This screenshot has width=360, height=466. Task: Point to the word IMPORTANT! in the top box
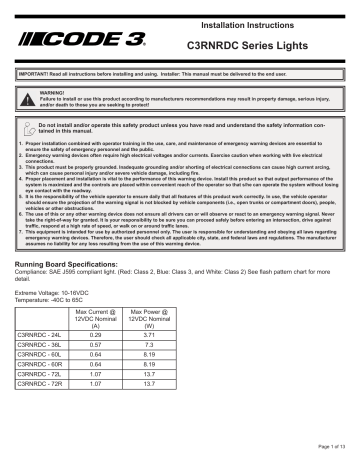[x=35, y=75]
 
